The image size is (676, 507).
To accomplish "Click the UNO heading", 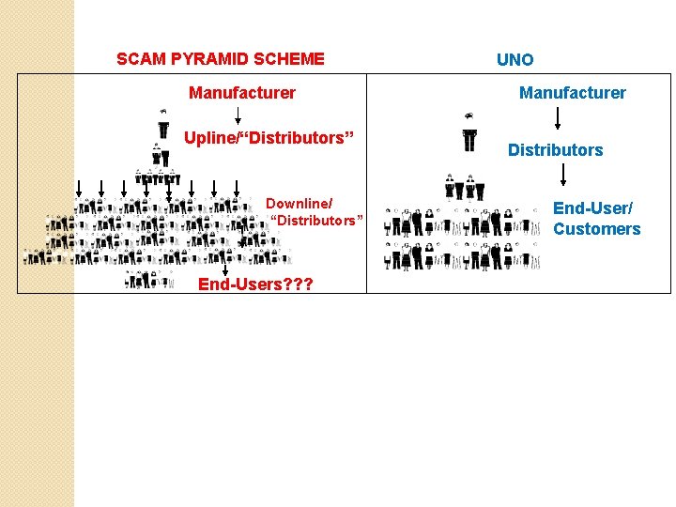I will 515,60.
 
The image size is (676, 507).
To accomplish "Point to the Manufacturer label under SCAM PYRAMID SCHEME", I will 242,93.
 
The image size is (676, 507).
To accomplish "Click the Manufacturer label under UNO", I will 573,93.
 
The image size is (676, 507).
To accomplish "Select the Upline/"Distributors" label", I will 269,139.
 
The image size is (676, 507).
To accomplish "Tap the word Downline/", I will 299,203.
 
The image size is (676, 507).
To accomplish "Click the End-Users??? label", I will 255,284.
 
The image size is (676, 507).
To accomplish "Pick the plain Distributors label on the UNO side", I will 556,150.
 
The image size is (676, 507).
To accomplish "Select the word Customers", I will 597,229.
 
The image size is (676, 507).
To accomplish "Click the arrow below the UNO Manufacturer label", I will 558,118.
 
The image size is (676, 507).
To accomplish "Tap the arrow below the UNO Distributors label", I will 562,175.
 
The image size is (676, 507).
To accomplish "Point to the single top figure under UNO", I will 469,131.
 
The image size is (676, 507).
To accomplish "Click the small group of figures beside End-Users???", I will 148,279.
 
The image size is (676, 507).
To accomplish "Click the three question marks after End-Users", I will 299,284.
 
